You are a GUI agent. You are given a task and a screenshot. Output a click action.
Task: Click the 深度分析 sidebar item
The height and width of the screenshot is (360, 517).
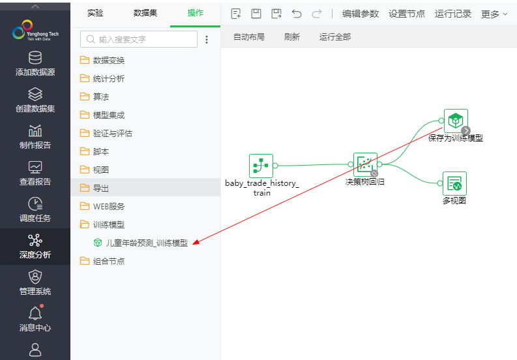coord(35,247)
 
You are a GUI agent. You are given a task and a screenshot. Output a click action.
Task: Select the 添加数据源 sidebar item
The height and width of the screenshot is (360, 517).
coord(35,65)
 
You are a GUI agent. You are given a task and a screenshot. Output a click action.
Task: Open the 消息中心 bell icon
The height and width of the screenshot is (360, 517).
coord(35,314)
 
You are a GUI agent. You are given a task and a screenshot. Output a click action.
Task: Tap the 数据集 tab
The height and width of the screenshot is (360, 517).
coord(145,13)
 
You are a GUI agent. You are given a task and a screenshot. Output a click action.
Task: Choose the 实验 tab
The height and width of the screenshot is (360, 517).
coord(95,13)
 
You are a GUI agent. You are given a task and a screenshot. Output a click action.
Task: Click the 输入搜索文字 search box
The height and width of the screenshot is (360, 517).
coord(138,39)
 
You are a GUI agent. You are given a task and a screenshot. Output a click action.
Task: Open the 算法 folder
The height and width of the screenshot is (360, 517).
coord(101,97)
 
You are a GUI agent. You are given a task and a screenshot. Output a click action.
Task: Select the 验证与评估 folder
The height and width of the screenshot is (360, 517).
coord(112,133)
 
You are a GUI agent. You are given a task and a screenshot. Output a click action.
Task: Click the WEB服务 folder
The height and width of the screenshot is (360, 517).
coord(108,206)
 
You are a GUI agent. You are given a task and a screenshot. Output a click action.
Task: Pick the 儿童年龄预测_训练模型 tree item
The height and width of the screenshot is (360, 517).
coord(146,243)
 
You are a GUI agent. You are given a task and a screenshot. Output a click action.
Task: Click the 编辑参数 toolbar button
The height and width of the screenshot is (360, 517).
coord(360,14)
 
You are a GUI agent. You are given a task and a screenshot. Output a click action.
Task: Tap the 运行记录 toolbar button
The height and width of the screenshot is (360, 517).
coord(452,14)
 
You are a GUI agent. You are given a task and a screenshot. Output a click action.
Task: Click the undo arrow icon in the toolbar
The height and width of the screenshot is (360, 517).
coord(297,14)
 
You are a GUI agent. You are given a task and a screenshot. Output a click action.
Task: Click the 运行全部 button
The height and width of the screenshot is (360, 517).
coord(335,37)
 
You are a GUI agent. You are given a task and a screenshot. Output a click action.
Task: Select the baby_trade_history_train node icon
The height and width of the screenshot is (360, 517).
coord(261,166)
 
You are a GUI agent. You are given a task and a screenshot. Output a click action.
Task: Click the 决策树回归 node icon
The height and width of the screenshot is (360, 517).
coord(365,164)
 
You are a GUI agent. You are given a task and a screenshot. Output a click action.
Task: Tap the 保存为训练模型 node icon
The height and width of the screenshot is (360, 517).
coord(455,121)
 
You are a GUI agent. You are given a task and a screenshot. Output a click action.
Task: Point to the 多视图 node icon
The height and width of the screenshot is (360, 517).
coord(454,183)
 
